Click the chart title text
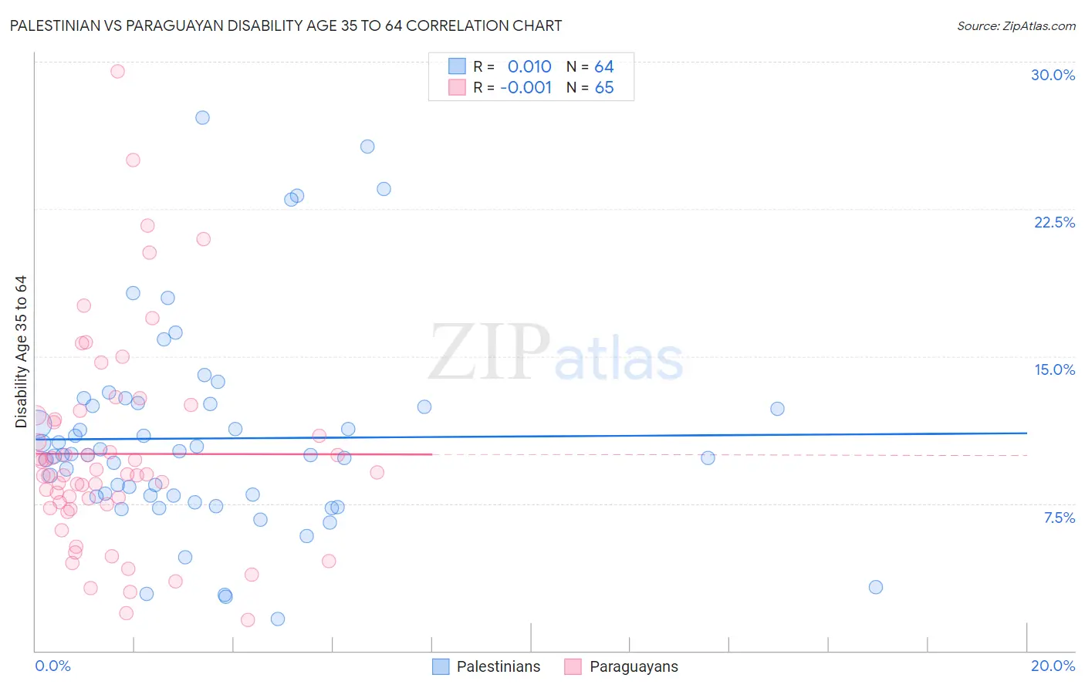coord(286,25)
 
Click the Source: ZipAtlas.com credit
coord(1016,25)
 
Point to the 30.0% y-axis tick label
coord(1053,75)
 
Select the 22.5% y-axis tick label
coord(1054,222)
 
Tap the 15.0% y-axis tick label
coord(1054,369)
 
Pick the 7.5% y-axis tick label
coord(1059,518)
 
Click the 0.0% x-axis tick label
coord(52,666)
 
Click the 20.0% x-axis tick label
coord(1053,666)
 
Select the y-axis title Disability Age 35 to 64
coord(21,351)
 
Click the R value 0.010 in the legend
coord(529,66)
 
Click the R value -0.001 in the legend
coord(526,87)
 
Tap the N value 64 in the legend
coord(603,66)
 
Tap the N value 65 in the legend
coord(603,87)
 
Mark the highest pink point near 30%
coord(117,71)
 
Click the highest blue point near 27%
coord(202,117)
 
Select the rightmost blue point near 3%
coord(875,587)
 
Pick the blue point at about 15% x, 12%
coord(777,409)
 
